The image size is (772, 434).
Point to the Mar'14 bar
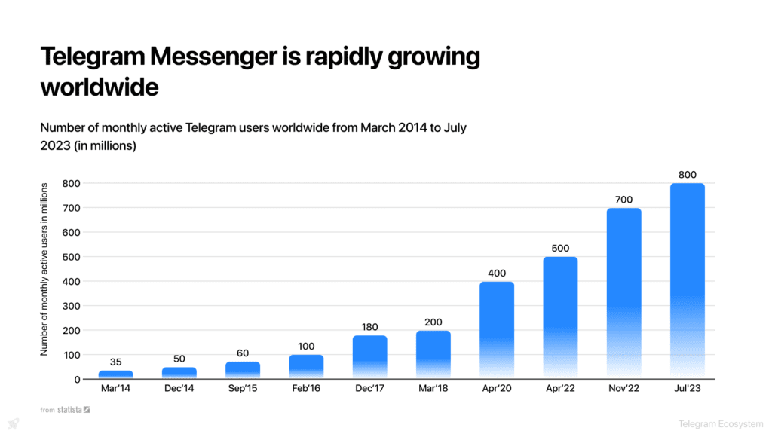pyautogui.click(x=115, y=374)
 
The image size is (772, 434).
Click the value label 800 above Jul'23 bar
pyautogui.click(x=687, y=175)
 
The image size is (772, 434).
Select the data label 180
pyautogui.click(x=369, y=327)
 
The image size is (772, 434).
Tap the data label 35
pyautogui.click(x=115, y=362)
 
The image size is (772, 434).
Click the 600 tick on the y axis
pyautogui.click(x=72, y=232)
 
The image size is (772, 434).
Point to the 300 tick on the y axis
pyautogui.click(x=72, y=306)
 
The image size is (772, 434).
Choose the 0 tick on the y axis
pyautogui.click(x=77, y=379)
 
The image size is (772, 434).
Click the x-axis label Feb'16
pyautogui.click(x=306, y=389)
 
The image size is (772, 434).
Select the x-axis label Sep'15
pyautogui.click(x=243, y=389)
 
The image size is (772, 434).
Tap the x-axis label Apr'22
pyautogui.click(x=560, y=389)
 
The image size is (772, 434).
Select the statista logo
pyautogui.click(x=75, y=410)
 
